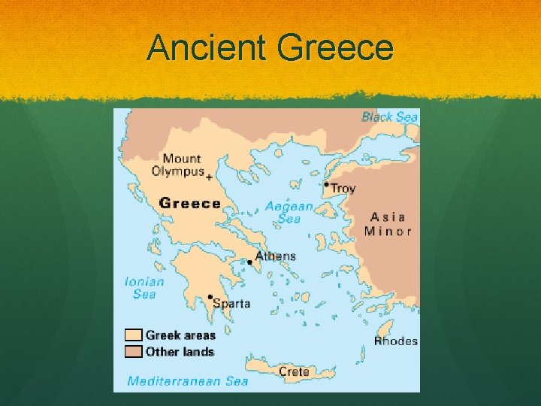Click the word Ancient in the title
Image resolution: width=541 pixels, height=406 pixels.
coord(207,48)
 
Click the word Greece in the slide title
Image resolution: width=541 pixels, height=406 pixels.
coord(335,48)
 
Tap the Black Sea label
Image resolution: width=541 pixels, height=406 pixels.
coord(389,117)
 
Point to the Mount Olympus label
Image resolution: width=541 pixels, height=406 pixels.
coord(177,165)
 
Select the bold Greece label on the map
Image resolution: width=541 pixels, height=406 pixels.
coord(190,203)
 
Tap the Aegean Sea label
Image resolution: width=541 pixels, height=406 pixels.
coord(289,212)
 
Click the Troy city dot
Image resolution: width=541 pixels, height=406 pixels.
coord(326,184)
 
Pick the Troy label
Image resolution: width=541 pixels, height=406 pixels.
coord(343,189)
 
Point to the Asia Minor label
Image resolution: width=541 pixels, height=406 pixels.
coord(388,223)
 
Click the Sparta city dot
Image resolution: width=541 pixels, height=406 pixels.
coord(210,297)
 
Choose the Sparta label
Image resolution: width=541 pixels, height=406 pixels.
coord(232,304)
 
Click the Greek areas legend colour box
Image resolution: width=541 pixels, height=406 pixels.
coord(133,335)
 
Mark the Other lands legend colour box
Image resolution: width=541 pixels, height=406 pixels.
coord(133,351)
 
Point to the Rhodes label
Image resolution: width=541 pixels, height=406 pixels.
coord(396,341)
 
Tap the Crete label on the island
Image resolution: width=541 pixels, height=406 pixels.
coord(294,371)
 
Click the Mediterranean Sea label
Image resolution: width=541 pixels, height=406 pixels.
coord(188,380)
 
